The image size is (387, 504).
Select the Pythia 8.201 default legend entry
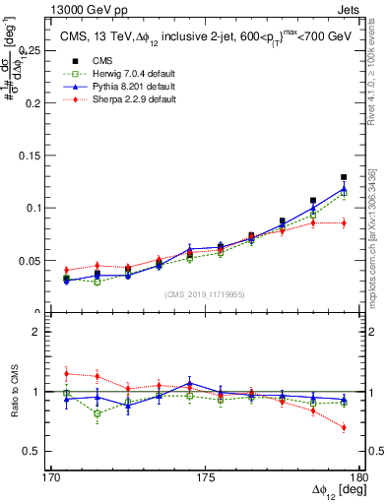point(126,87)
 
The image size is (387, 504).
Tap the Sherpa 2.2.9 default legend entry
point(126,100)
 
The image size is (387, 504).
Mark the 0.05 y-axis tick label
point(37,261)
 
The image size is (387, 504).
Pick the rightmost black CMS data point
point(344,177)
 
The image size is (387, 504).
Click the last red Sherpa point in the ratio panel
point(344,427)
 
